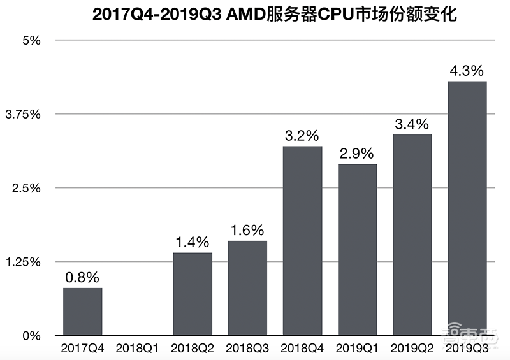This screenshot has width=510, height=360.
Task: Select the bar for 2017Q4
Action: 82,312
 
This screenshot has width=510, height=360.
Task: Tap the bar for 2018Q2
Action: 193,294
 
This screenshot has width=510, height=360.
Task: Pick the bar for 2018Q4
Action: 302,241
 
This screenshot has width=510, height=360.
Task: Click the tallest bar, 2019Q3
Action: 467,208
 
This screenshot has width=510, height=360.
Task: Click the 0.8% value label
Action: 82,277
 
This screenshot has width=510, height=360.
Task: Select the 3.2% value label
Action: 302,136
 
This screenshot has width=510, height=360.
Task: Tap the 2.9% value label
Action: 358,154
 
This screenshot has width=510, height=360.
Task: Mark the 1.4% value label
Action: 193,242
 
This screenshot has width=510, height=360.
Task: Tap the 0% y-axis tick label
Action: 32,336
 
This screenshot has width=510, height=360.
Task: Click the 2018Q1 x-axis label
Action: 137,349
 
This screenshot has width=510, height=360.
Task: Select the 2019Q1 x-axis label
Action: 358,349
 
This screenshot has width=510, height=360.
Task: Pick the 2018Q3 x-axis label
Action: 247,349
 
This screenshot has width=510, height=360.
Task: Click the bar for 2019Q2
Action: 412,234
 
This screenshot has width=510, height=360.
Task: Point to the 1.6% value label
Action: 247,230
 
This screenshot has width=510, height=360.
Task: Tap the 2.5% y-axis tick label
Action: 27,188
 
